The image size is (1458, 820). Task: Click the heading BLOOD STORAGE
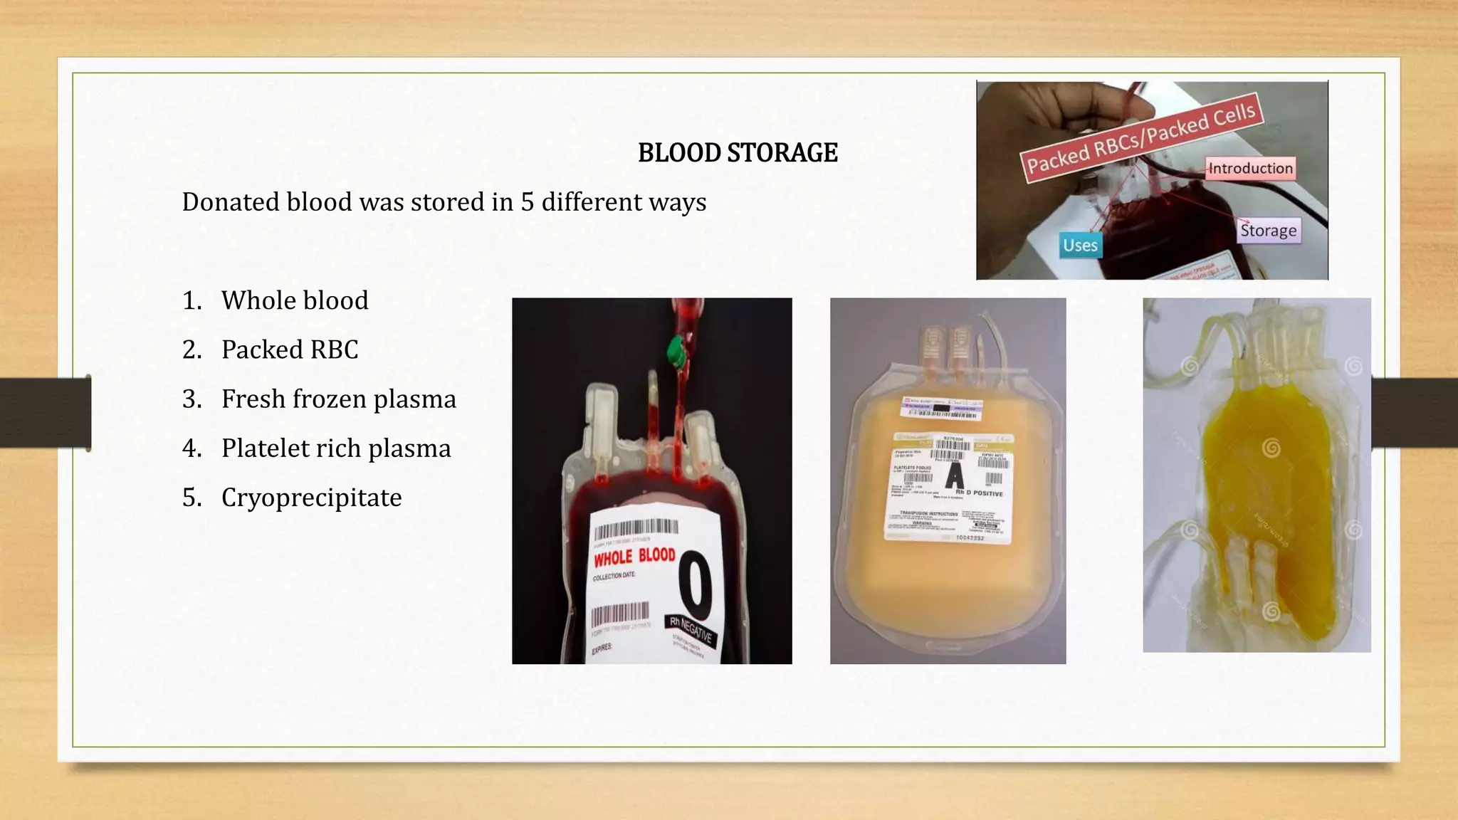click(738, 153)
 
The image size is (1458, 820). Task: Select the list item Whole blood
click(295, 300)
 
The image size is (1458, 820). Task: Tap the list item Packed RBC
click(290, 349)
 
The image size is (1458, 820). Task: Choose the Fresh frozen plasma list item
click(338, 399)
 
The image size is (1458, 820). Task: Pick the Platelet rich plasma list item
click(336, 448)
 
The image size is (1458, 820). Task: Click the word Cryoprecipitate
click(311, 498)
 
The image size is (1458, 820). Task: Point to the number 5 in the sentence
click(527, 202)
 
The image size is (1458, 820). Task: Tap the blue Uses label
click(1080, 246)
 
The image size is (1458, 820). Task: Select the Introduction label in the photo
click(1250, 169)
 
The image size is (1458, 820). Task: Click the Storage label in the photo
click(1268, 231)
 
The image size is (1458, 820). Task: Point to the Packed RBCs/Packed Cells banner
click(1140, 137)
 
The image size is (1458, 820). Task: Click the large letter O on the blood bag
click(695, 586)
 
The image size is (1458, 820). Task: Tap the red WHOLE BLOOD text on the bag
click(634, 557)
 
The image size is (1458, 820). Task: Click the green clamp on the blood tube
click(676, 351)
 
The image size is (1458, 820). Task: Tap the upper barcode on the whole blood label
click(636, 529)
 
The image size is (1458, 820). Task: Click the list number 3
click(192, 399)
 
